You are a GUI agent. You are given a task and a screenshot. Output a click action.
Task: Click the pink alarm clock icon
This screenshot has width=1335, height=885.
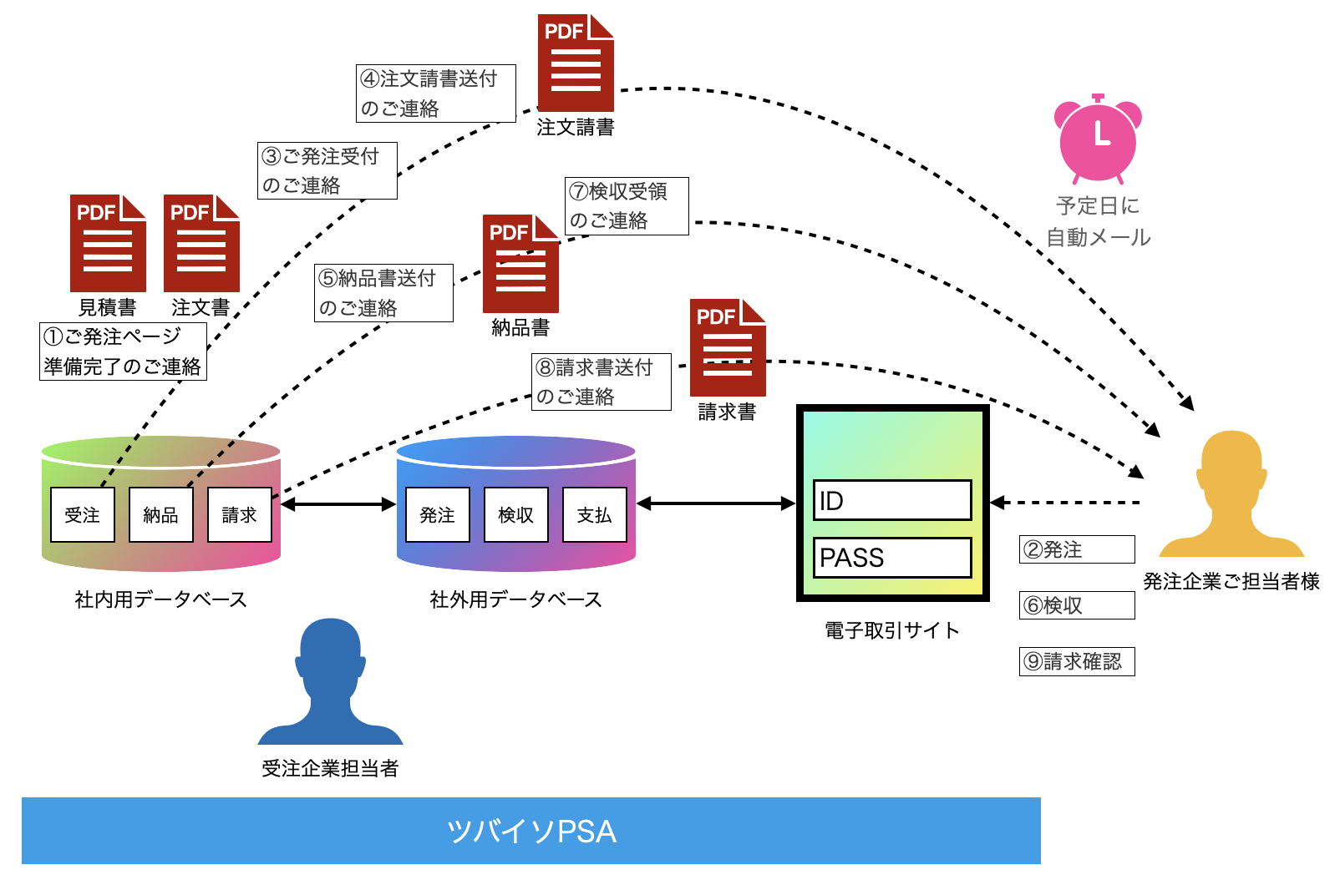(x=1098, y=139)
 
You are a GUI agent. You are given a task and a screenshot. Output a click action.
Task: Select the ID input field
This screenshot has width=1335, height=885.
(x=892, y=500)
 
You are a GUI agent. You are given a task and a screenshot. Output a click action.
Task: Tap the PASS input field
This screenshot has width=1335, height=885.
(x=892, y=558)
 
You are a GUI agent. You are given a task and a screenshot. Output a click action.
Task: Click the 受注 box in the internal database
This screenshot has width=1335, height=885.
(x=82, y=514)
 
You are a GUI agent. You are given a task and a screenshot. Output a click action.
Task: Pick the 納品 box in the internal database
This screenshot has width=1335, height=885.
(x=161, y=514)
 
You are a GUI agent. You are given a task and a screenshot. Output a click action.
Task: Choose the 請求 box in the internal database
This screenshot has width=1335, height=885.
(x=240, y=514)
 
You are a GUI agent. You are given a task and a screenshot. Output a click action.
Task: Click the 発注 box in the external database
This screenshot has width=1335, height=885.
(x=438, y=514)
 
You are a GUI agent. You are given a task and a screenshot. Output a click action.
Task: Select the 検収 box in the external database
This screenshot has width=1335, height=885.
(x=516, y=514)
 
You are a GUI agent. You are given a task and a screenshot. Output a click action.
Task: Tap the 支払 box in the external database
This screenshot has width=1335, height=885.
(x=595, y=514)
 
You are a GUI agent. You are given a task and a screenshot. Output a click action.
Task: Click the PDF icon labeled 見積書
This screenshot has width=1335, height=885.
(x=108, y=243)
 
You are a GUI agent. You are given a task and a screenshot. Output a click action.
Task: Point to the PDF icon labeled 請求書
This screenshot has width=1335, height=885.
(x=728, y=347)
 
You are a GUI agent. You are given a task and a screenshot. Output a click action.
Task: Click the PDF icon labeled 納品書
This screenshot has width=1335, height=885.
(x=521, y=263)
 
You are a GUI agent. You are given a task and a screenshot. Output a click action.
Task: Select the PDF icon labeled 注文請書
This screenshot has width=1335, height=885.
(x=576, y=63)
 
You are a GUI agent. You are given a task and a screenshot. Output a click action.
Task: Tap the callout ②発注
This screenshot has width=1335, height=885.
(x=1077, y=549)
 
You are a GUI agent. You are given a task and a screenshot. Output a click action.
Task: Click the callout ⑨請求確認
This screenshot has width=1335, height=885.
(x=1077, y=661)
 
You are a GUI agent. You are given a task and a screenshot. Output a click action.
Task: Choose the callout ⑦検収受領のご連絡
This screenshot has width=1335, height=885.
(x=627, y=206)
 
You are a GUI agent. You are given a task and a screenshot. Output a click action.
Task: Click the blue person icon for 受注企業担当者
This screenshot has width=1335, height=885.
(x=330, y=681)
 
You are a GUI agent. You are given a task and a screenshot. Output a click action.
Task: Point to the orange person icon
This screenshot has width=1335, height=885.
(x=1231, y=493)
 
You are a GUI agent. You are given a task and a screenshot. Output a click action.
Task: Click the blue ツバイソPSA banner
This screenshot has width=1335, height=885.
(x=531, y=831)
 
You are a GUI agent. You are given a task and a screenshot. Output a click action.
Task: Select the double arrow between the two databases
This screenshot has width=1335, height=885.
(x=338, y=504)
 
